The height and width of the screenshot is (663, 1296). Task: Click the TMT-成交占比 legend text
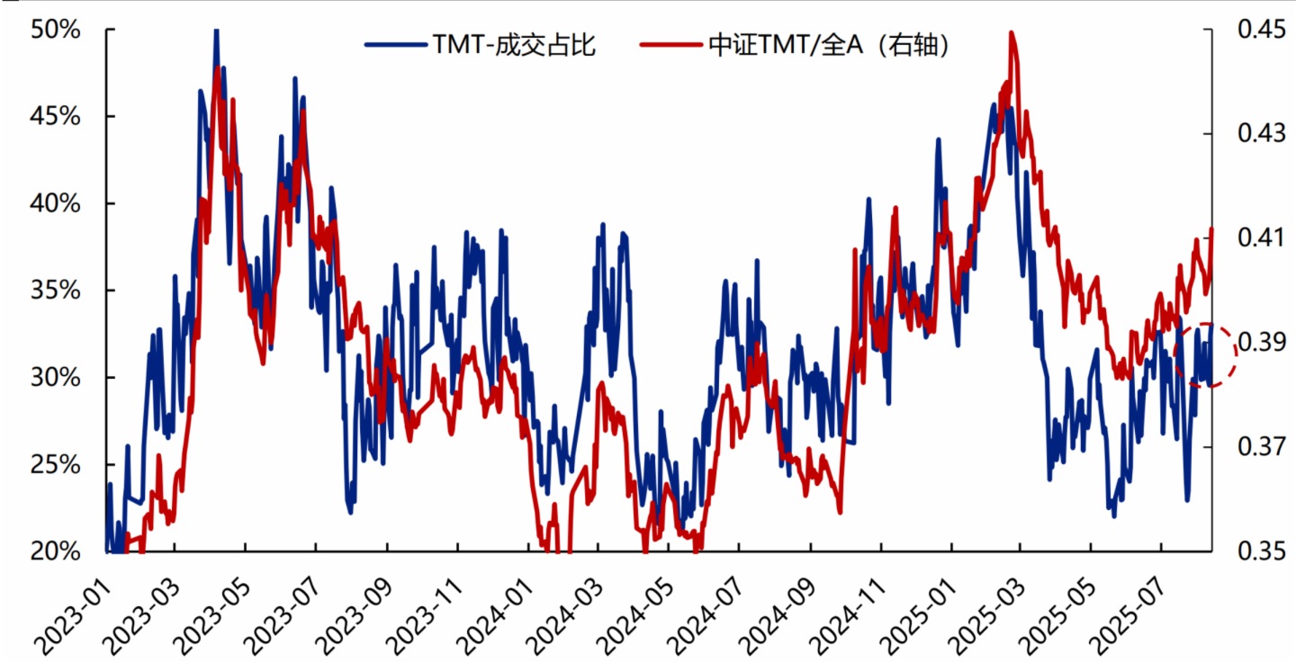coord(514,46)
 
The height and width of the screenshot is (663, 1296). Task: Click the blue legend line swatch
coord(396,46)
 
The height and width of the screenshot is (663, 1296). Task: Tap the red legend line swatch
coord(671,46)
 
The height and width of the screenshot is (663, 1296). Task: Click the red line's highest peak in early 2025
coord(1012,33)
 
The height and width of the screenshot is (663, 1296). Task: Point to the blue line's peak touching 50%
coord(216,31)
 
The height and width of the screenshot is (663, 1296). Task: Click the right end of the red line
coord(1212,229)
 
